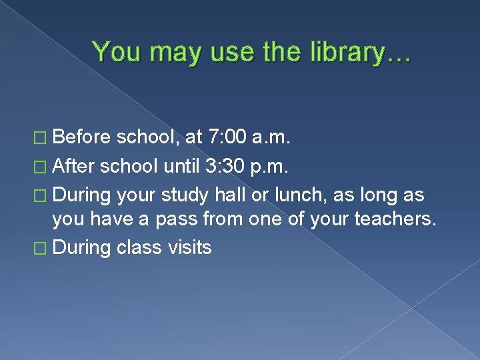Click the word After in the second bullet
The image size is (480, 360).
click(74, 166)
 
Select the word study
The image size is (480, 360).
click(186, 195)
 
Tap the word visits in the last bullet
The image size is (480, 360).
click(190, 248)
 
